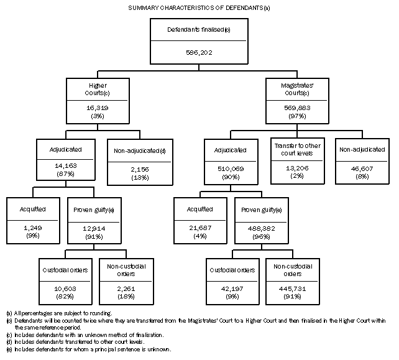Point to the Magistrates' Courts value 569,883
(296, 106)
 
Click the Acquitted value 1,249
(27, 227)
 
